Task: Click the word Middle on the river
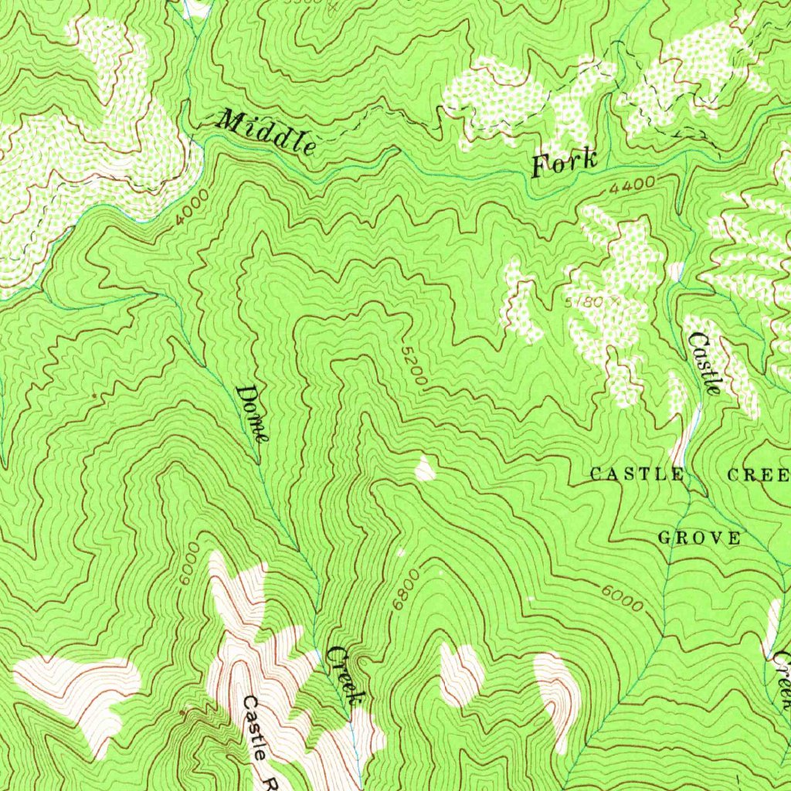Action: tap(267, 131)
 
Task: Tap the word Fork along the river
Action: tap(564, 163)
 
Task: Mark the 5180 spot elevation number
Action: tap(586, 300)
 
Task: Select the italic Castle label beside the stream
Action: tap(704, 363)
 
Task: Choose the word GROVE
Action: tap(699, 538)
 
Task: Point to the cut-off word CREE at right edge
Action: tap(759, 474)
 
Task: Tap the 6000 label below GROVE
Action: tap(622, 598)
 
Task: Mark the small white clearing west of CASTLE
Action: tap(425, 468)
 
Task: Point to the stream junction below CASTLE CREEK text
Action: tap(690, 490)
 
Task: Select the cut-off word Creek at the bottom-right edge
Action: tap(782, 680)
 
